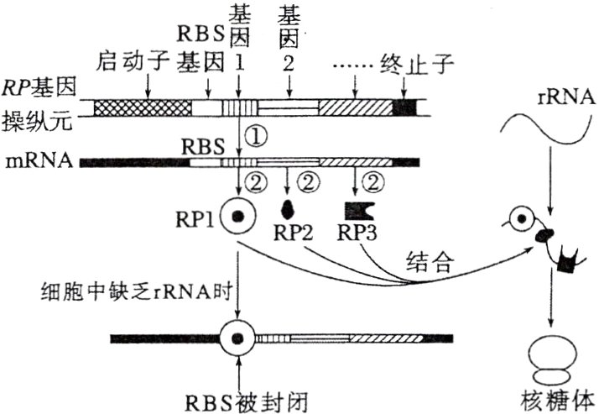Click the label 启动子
(x=131, y=60)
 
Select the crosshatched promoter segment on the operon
(x=143, y=107)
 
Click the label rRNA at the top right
(x=553, y=98)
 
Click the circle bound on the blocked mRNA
(x=237, y=338)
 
